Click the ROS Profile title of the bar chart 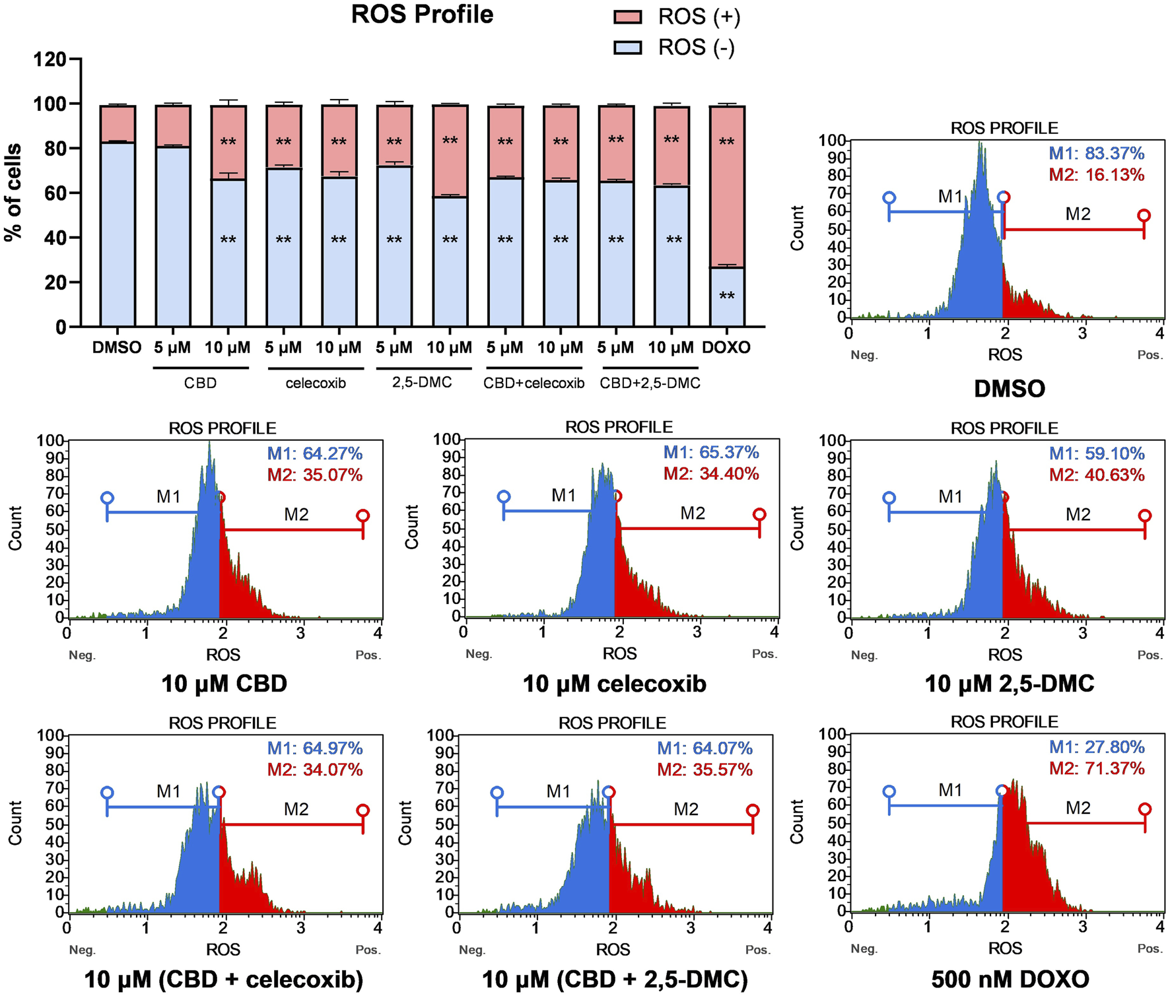pos(422,15)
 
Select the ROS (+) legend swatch pos(627,17)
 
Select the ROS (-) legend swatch pos(627,48)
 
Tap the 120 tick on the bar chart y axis pos(50,59)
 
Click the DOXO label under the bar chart pos(726,348)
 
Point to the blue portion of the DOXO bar pos(727,297)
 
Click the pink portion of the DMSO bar pos(118,123)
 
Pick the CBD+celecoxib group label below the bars pos(533,383)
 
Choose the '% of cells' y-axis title pos(13,192)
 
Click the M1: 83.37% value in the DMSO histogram pos(1096,154)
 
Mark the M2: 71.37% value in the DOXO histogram pos(1096,768)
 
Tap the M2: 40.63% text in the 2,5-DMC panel pos(1096,475)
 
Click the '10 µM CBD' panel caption pos(224,684)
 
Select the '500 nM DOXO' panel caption pos(1010,978)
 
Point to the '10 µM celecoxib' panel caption pos(614,684)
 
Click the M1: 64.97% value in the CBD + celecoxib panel pos(315,748)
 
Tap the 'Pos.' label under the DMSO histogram pos(1150,355)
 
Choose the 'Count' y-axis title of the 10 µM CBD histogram pos(15,528)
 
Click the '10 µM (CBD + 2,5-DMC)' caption pos(615,979)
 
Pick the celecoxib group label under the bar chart pos(316,383)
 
